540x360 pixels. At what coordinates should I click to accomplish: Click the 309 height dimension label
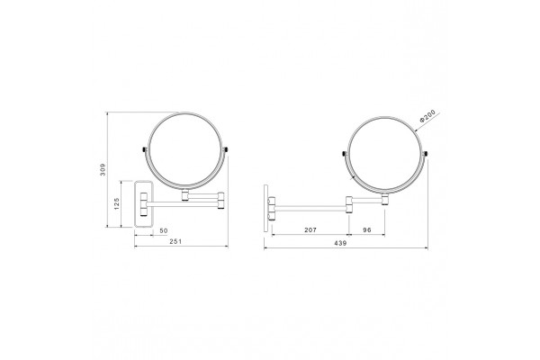[103, 169]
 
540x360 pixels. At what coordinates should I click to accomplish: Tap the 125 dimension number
[116, 203]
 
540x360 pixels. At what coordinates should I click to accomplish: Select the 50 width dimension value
[164, 230]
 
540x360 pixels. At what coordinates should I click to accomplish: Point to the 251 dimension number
[175, 241]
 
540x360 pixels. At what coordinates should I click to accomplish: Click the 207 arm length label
[310, 229]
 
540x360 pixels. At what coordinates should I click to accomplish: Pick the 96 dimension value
[367, 229]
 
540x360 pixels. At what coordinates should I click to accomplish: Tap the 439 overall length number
[340, 243]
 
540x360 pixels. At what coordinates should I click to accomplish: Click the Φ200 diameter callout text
[427, 116]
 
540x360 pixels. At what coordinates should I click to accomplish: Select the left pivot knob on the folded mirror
[145, 149]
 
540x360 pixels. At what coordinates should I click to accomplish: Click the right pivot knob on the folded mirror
[225, 149]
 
